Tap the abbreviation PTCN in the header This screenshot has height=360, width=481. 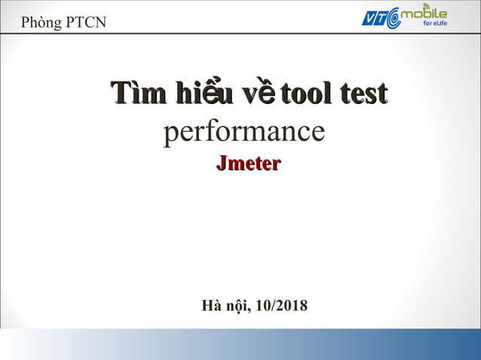[86, 23]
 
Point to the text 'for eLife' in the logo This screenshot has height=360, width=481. [432, 24]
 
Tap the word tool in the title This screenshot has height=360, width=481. [307, 93]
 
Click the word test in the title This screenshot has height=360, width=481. [364, 93]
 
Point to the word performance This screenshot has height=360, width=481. [244, 133]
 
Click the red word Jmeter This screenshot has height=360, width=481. [248, 163]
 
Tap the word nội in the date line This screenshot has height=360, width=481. [238, 306]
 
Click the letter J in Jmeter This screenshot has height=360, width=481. [222, 163]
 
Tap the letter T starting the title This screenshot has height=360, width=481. [118, 93]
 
